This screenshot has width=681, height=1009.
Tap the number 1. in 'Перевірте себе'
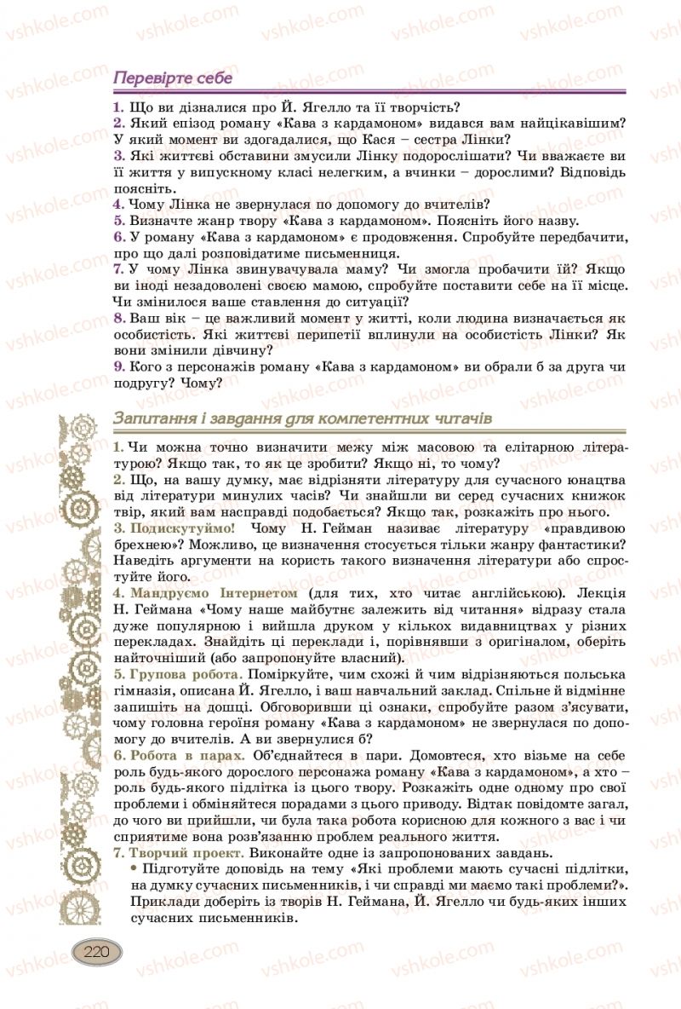(x=117, y=107)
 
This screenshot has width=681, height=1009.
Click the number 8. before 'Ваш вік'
(x=119, y=318)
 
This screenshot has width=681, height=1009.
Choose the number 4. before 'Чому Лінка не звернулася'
(x=118, y=205)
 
